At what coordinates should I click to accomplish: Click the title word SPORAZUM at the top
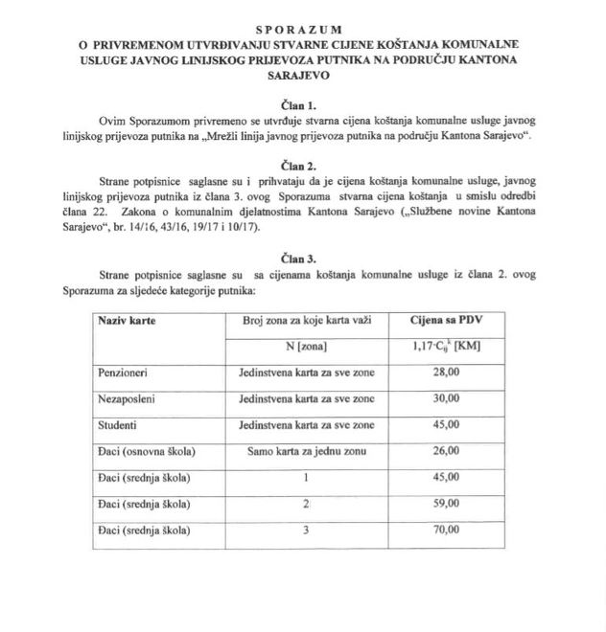pos(305,31)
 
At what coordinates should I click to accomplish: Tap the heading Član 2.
pos(304,165)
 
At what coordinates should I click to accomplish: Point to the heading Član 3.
pos(304,258)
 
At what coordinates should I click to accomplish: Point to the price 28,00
pos(442,371)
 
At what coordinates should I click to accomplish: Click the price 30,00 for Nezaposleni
pos(442,397)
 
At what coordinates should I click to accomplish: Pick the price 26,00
pos(442,450)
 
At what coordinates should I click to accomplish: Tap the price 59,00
pos(442,503)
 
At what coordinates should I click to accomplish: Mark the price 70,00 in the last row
pos(442,530)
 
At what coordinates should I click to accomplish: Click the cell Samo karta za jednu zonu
pos(302,450)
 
